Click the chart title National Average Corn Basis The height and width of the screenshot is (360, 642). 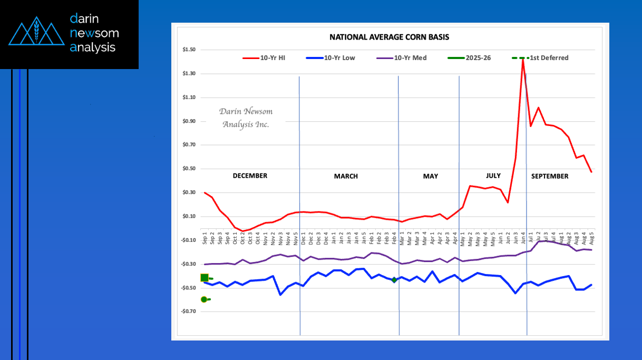click(389, 37)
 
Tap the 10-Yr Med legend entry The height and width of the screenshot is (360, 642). click(410, 58)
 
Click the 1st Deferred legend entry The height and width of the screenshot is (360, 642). click(549, 58)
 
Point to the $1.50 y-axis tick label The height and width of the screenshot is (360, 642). click(188, 50)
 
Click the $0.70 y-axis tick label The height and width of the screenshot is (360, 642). click(188, 145)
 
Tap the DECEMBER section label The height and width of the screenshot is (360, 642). click(250, 176)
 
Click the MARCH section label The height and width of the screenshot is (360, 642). click(346, 177)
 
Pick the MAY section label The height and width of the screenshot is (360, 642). click(430, 177)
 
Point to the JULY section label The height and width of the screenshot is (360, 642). click(490, 176)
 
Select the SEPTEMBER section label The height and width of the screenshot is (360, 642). click(550, 177)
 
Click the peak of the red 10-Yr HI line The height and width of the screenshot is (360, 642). click(522, 59)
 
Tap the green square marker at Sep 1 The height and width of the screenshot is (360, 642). click(205, 278)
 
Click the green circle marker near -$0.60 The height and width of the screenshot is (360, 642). click(204, 299)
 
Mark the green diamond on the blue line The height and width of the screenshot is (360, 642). click(394, 280)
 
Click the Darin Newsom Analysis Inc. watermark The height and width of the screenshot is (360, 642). click(246, 118)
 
